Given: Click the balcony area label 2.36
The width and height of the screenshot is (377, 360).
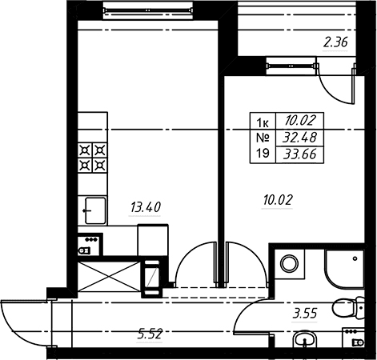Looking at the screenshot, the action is (335, 42).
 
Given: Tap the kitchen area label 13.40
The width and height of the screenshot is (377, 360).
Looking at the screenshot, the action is (146, 207).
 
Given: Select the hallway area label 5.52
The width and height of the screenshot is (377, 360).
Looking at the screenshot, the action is (150, 334).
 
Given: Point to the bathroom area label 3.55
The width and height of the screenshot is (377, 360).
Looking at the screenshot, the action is (305, 314).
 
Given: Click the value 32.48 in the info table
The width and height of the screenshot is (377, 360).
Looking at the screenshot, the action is (299, 138).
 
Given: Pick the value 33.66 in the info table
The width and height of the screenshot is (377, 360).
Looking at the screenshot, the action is (299, 154).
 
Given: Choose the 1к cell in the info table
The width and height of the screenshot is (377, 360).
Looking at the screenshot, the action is (263, 122).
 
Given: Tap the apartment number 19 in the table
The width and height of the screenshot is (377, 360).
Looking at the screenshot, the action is (263, 154).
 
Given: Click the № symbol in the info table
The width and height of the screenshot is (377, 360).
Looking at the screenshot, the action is (263, 138).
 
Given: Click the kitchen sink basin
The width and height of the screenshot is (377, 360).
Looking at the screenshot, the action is (95, 210).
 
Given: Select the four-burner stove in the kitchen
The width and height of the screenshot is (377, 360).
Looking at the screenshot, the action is (92, 158).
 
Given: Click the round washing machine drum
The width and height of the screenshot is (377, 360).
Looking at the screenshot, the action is (289, 264).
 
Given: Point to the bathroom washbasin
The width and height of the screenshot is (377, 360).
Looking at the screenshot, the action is (305, 339).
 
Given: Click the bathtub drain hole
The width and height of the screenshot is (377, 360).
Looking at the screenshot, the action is (355, 258).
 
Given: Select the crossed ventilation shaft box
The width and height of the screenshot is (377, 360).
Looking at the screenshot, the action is (109, 276).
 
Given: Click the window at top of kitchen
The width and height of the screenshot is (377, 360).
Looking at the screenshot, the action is (148, 10).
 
